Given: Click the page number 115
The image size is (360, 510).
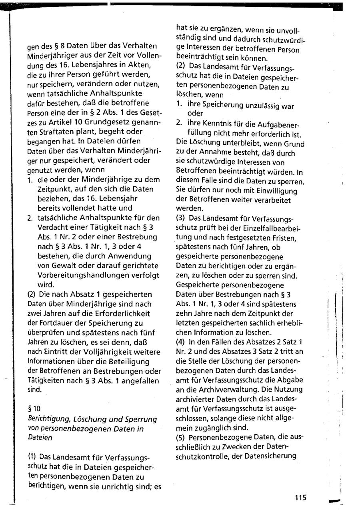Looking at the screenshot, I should tap(300, 498).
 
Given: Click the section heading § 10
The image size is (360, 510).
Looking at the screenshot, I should tap(33, 408).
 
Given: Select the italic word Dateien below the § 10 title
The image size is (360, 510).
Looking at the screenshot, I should tap(40, 438).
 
